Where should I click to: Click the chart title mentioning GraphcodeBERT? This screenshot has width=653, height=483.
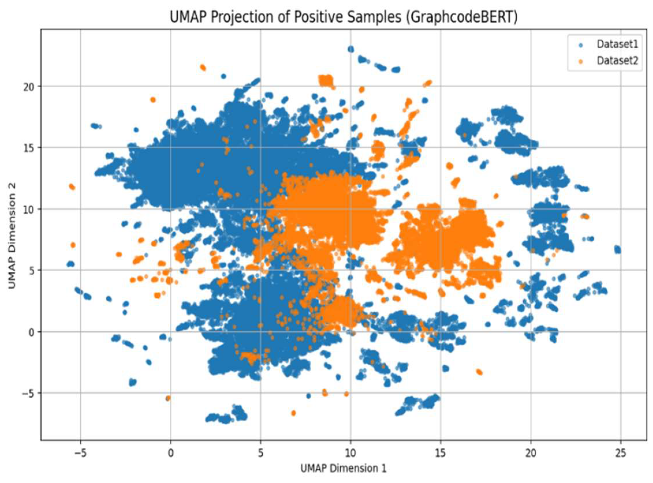click(343, 17)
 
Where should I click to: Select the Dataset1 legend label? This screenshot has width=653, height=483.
click(617, 44)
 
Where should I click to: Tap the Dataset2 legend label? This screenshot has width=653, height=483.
click(617, 61)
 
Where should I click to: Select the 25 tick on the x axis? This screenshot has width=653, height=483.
click(620, 453)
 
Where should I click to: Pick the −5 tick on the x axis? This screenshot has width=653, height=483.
click(81, 453)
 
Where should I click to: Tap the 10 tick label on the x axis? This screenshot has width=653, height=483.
click(350, 453)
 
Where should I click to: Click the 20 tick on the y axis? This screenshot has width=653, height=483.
click(28, 87)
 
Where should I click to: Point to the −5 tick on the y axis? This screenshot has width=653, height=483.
click(27, 394)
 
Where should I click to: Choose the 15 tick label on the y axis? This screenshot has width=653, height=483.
click(28, 148)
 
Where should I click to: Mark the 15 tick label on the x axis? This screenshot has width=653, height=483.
click(440, 453)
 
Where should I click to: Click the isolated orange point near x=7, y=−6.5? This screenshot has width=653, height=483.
click(293, 413)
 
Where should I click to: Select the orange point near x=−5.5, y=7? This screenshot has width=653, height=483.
click(73, 245)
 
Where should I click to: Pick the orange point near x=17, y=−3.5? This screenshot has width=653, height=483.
click(479, 372)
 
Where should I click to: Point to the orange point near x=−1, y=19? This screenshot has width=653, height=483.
click(153, 100)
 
